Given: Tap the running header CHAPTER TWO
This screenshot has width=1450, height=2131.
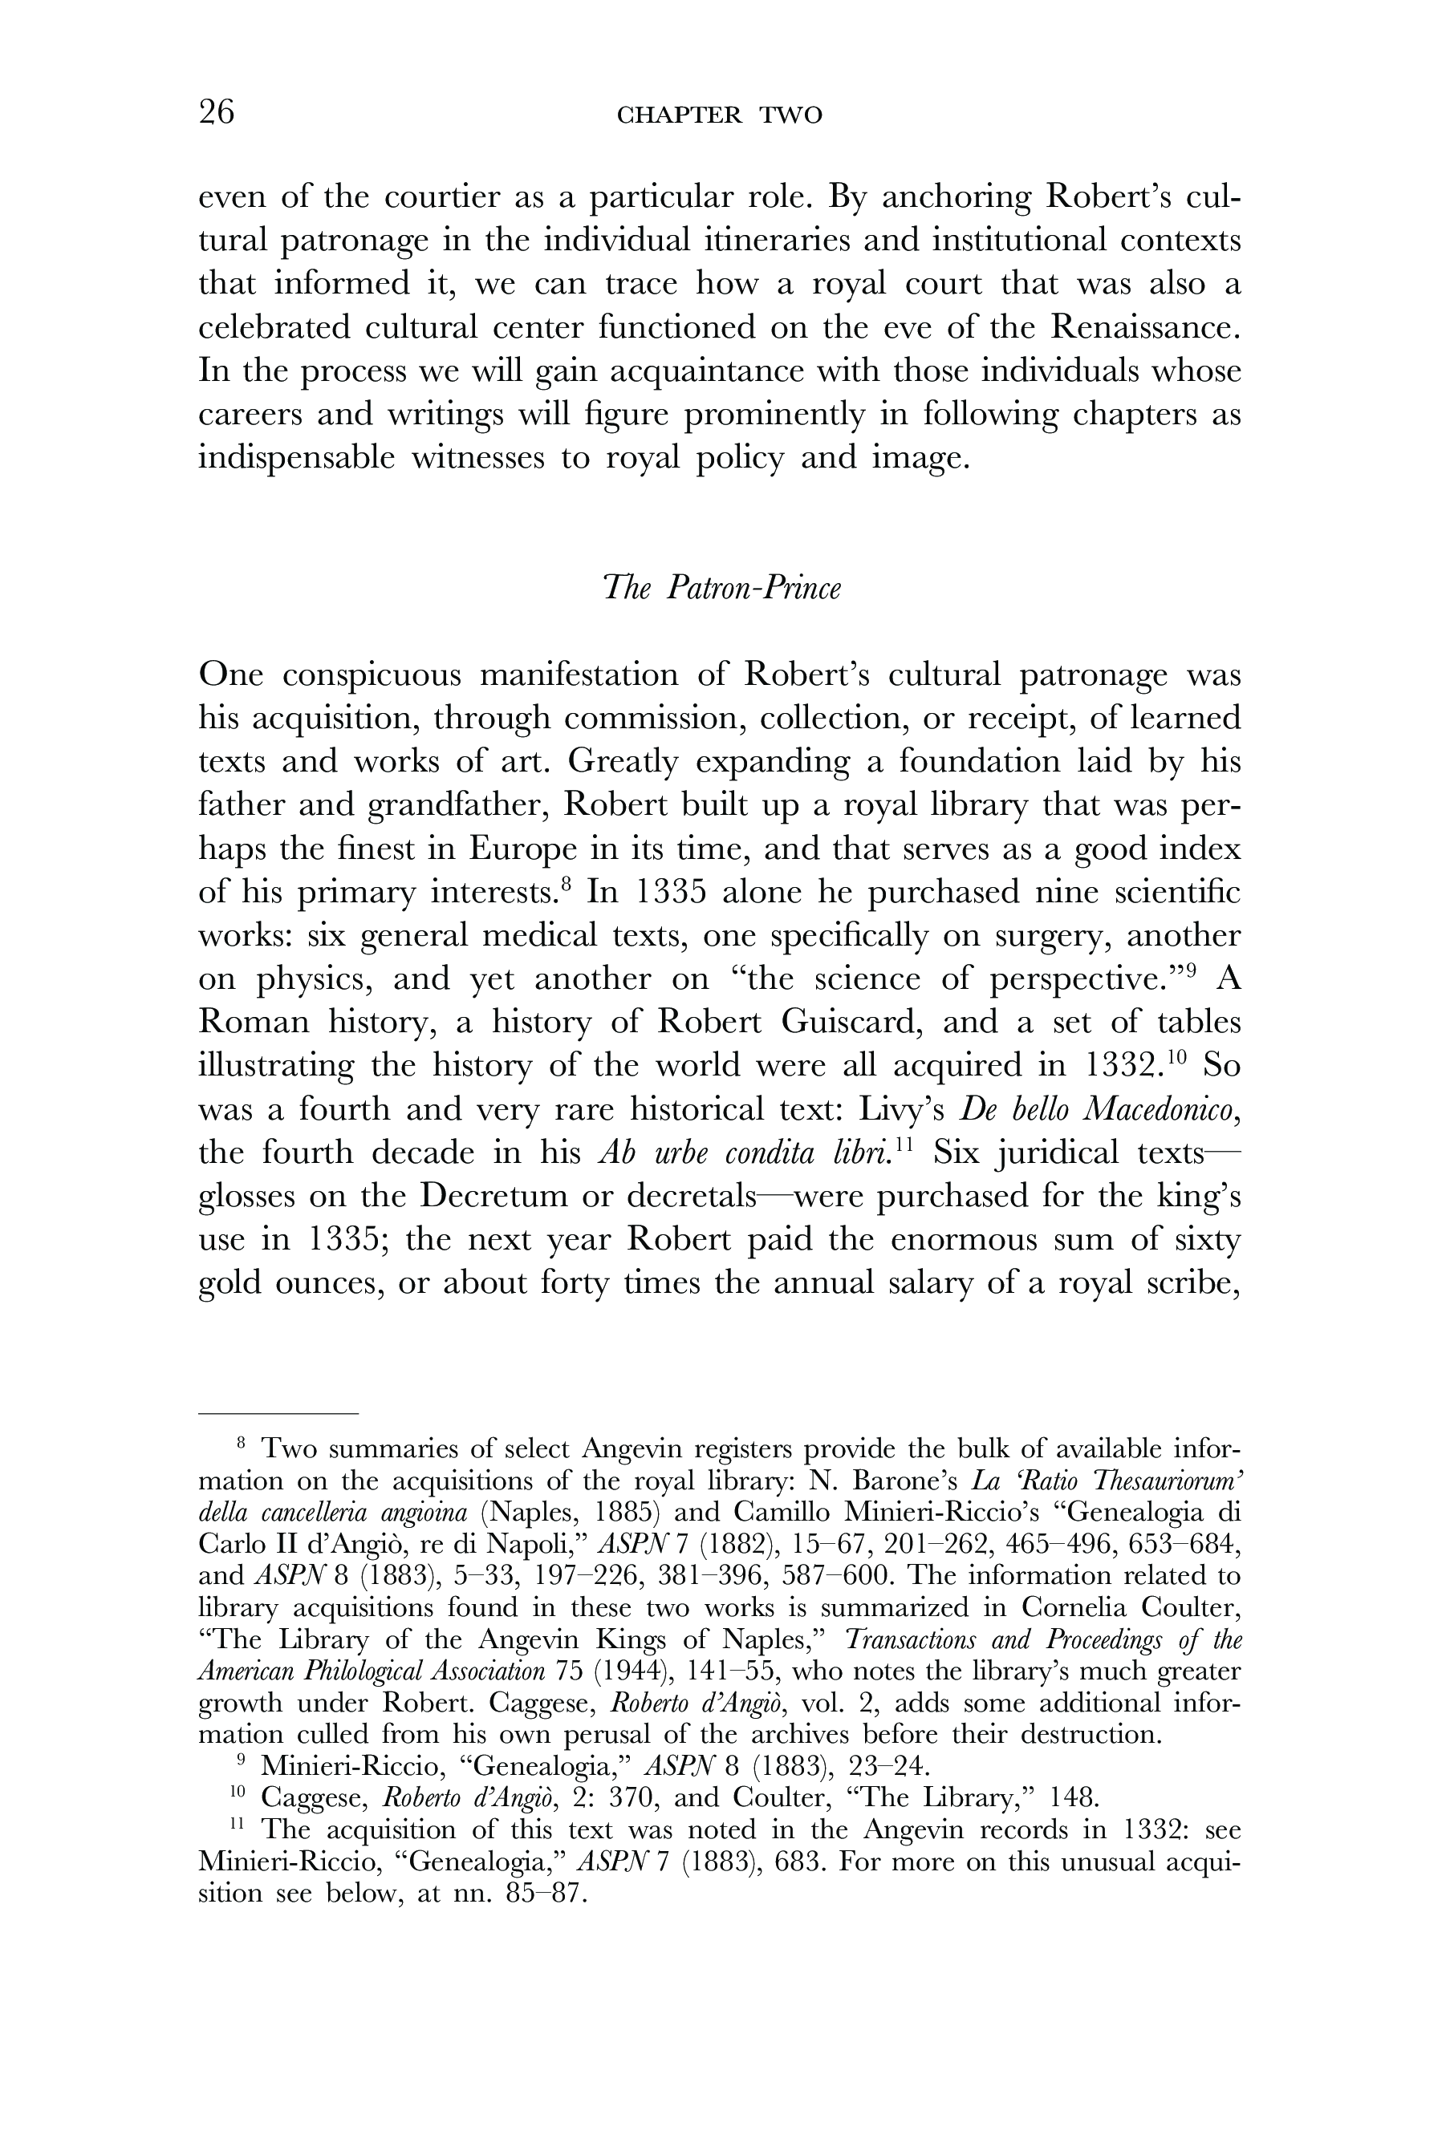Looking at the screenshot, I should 720,115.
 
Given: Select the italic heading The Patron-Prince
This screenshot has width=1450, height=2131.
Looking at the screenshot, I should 721,588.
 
